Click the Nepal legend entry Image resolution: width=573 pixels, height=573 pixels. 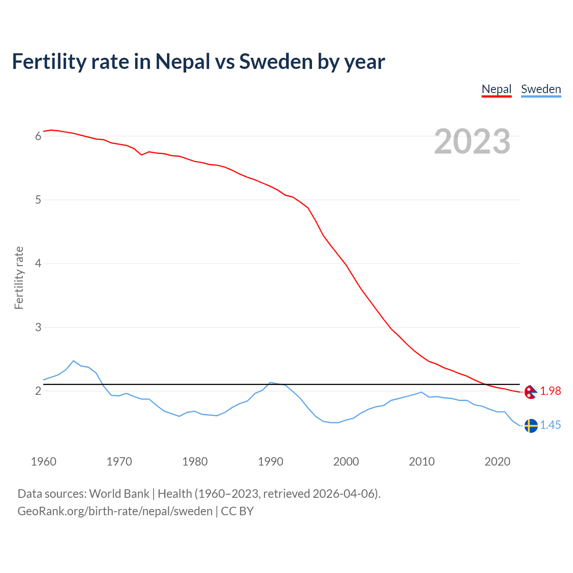pos(496,89)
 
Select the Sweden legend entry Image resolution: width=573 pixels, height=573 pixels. pos(541,89)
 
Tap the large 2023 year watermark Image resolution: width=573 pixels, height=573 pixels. pos(472,141)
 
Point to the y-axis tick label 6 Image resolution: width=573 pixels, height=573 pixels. pos(38,136)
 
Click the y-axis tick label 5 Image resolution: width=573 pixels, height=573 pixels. pos(38,200)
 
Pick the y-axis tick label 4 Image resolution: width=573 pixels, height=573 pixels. pos(38,264)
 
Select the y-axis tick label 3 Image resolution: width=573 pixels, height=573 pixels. pos(38,327)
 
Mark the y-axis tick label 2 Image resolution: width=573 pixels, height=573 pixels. pos(38,391)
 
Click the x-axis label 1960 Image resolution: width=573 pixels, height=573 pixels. pos(43,462)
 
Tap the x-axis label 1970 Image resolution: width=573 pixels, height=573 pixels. pos(119,462)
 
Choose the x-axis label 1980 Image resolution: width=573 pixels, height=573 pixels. pos(195,462)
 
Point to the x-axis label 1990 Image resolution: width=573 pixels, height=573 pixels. pos(270,462)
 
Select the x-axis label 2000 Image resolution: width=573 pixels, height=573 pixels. pos(346,462)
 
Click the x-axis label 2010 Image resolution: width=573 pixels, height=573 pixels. pos(422,462)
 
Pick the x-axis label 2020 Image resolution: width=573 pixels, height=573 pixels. pos(497,462)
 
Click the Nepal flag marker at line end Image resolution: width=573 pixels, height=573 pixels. pos(531,392)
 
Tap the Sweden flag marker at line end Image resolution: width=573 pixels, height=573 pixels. pos(531,426)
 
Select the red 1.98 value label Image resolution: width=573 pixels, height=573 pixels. pos(550,391)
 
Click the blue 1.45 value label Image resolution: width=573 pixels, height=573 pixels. pos(550,425)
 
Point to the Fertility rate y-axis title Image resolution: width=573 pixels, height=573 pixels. pos(19,278)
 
